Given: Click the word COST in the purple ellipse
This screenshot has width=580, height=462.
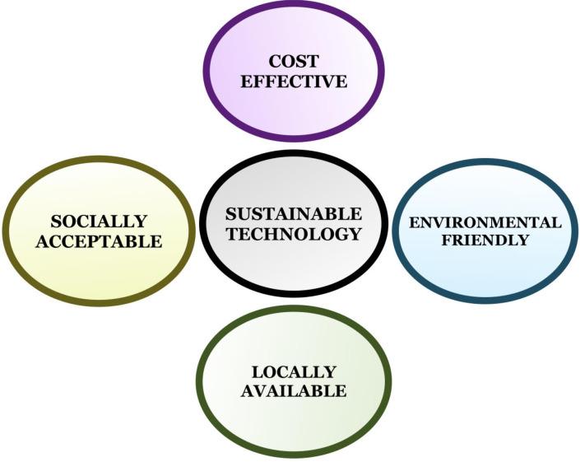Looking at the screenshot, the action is [294, 62].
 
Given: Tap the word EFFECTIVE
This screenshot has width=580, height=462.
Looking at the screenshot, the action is [294, 82].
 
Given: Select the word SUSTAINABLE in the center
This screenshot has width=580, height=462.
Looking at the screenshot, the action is [294, 214].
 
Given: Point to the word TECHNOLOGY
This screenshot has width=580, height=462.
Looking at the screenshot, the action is [294, 234].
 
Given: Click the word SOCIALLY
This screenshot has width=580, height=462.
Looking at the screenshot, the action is [99, 222].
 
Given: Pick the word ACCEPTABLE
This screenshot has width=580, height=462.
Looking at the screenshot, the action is [99, 241].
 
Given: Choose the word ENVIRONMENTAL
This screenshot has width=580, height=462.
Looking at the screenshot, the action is [485, 223].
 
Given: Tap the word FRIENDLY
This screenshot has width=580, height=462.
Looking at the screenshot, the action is [485, 240].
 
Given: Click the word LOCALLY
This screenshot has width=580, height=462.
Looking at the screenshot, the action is [294, 371].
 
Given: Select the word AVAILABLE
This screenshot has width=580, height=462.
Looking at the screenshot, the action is [294, 391].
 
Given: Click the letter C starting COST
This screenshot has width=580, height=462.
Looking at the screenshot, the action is [275, 62].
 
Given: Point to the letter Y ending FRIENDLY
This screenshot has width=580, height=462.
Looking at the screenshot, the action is [523, 240].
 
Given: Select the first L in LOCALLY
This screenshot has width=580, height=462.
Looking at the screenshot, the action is [258, 371].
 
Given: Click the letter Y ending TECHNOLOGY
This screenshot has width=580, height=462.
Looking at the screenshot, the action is [355, 234].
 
